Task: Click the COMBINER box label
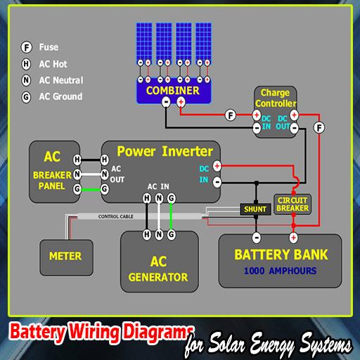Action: coord(172,91)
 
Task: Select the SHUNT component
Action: coord(254,209)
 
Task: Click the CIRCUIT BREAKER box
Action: coord(292,203)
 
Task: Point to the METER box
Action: coord(65,256)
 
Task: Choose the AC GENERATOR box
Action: coord(158,269)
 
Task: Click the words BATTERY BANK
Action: coord(281,255)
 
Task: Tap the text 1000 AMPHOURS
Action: coord(281,271)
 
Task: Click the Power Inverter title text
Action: coord(165,151)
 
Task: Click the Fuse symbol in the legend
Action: coord(26,47)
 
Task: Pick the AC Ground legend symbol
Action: coord(26,96)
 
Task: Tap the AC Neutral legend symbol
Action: coord(26,80)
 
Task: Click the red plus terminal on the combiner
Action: coord(181,103)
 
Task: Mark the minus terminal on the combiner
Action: coord(166,103)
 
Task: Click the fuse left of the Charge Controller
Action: coord(231,115)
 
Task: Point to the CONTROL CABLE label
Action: coord(116,217)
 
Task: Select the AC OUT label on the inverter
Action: coord(117,174)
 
